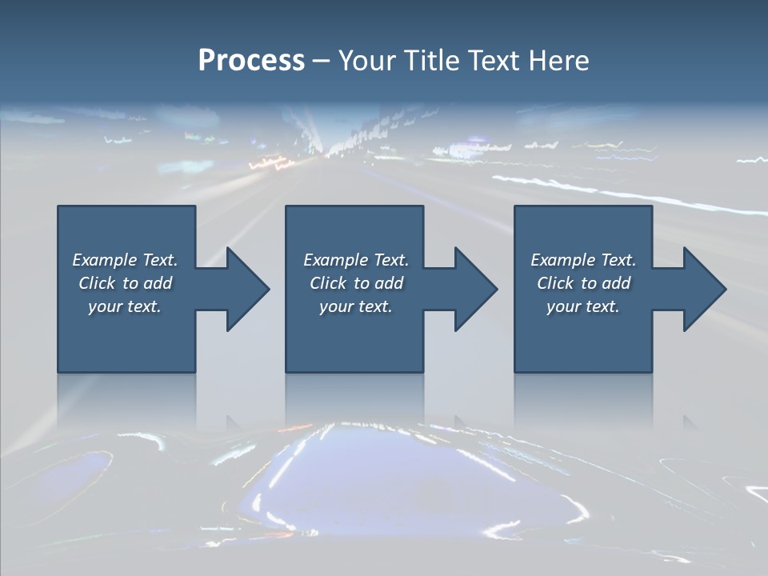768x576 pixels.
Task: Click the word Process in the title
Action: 251,61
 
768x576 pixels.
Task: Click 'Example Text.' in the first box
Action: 125,260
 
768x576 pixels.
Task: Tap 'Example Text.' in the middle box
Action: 356,260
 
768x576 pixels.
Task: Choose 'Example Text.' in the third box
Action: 583,260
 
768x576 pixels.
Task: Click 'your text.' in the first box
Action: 125,306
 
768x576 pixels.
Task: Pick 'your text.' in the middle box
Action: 356,306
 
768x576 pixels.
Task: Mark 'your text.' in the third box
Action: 583,306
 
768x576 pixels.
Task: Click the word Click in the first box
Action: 97,283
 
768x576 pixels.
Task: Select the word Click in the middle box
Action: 328,283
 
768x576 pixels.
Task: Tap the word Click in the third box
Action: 555,283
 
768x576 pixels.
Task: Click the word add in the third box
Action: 616,283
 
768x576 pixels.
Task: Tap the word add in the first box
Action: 158,283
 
